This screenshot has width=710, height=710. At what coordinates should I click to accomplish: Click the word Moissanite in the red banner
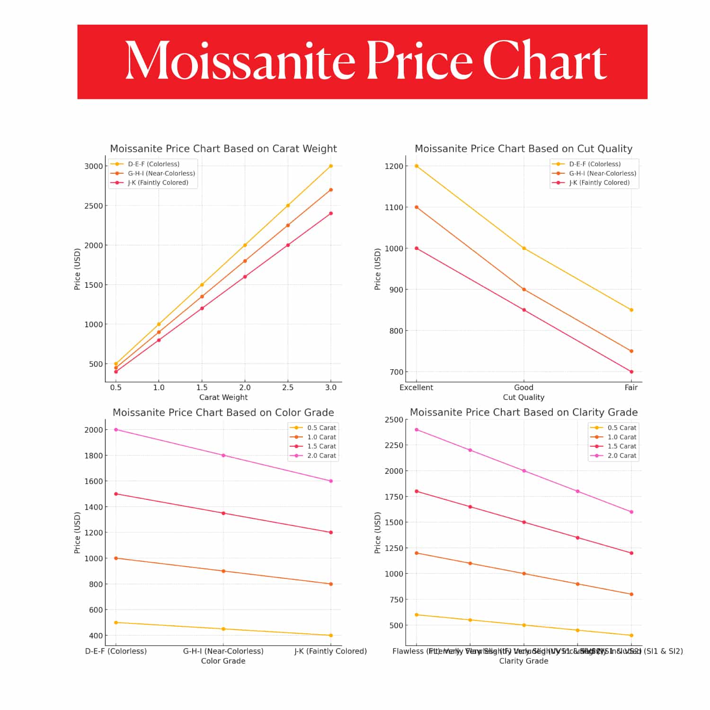(x=240, y=62)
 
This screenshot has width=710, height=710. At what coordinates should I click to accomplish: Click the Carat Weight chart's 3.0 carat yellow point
(x=331, y=166)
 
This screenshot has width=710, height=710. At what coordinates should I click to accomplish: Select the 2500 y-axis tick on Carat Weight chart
(x=93, y=206)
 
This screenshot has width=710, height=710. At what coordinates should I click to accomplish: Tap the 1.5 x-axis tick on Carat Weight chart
(x=202, y=387)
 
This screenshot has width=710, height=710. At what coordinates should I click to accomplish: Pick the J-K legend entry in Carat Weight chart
(x=158, y=183)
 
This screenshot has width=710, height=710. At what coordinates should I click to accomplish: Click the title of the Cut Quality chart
(x=523, y=149)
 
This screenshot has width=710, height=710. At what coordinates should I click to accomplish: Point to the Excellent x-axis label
(x=416, y=387)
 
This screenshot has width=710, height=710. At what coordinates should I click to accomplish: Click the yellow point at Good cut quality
(x=524, y=248)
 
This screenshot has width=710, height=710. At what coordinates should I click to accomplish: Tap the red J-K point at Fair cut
(x=631, y=372)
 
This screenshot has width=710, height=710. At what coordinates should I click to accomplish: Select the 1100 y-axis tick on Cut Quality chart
(x=394, y=207)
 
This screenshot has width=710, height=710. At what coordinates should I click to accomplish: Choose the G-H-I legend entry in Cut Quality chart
(x=602, y=174)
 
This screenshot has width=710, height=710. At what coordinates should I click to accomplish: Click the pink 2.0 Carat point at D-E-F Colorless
(x=116, y=430)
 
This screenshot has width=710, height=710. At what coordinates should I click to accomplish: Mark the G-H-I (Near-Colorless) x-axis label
(x=223, y=651)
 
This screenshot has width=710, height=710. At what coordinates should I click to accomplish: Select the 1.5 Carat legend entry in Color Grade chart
(x=321, y=446)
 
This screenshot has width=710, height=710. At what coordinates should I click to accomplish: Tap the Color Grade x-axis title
(x=223, y=661)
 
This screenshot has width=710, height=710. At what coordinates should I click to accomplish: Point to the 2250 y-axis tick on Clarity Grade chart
(x=394, y=445)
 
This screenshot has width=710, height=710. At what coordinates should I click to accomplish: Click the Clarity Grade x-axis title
(x=524, y=661)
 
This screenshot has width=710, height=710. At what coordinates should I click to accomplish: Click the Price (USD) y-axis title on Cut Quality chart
(x=377, y=269)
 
